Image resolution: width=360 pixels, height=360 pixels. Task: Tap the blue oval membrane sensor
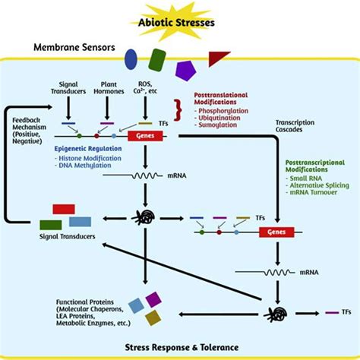(x=131, y=58)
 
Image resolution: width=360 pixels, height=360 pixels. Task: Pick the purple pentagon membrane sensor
(x=185, y=70)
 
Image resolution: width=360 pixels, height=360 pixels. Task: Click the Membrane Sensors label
(x=74, y=48)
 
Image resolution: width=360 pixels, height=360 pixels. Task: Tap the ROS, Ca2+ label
(x=144, y=89)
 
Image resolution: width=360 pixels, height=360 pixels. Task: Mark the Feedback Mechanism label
(x=33, y=130)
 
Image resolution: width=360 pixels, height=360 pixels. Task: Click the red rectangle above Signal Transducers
(x=63, y=208)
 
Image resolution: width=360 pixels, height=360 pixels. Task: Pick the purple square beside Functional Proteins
(x=153, y=299)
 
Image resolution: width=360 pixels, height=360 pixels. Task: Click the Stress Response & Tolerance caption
(x=180, y=346)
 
